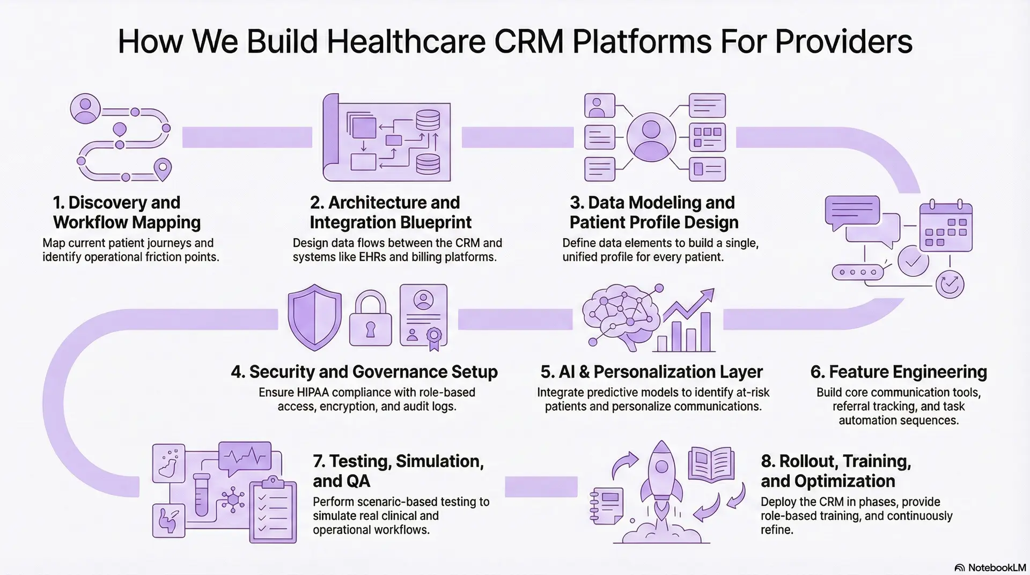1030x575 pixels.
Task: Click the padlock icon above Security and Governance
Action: [370, 319]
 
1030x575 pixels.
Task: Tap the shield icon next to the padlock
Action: [314, 317]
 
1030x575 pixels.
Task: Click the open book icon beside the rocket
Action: [711, 463]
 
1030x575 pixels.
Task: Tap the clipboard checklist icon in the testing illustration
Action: [274, 510]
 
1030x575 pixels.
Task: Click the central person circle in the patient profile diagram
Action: [651, 137]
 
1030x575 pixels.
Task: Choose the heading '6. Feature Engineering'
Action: [898, 371]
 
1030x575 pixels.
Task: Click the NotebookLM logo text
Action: [996, 567]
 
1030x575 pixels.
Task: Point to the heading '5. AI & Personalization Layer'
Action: [651, 371]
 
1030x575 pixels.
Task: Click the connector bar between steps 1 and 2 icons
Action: [247, 137]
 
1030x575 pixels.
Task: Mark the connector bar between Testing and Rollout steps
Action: [541, 486]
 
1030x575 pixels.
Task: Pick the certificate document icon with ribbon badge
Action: [424, 316]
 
